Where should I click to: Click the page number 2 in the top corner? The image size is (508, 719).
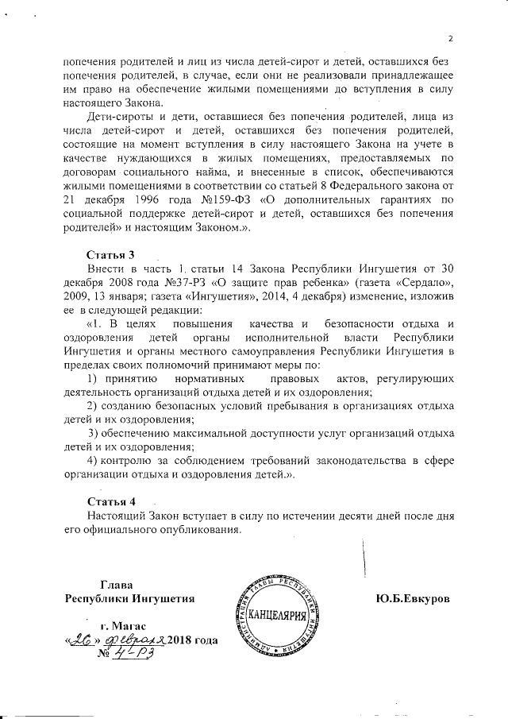click(449, 37)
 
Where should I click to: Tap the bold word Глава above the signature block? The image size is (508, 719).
click(116, 585)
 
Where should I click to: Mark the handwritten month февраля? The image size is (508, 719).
click(133, 641)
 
